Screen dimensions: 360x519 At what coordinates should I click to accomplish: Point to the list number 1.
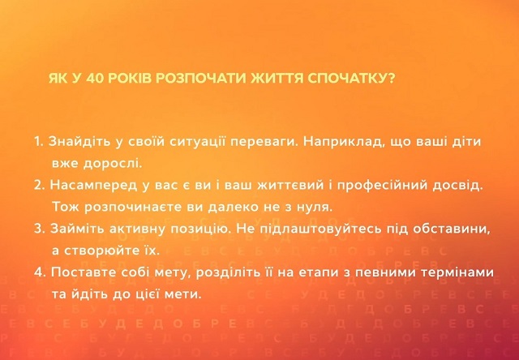[38, 141]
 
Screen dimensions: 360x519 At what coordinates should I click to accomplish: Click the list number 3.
[38, 229]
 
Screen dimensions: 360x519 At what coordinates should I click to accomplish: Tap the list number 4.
[39, 273]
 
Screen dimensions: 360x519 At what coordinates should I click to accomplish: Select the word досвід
[459, 185]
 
